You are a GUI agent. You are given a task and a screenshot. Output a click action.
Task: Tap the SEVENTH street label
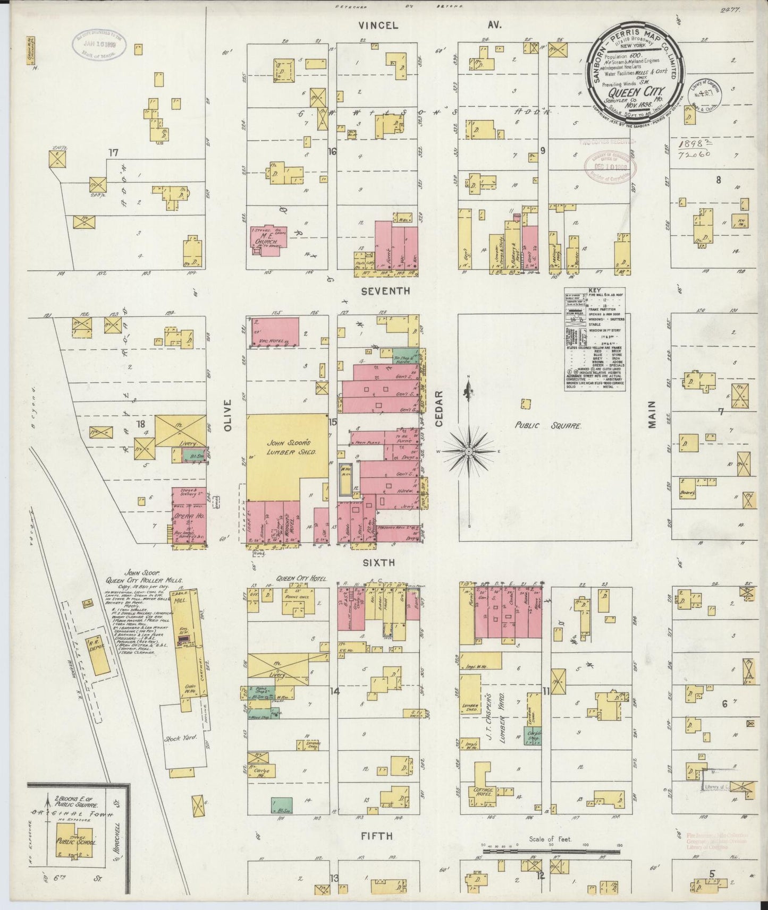(x=385, y=291)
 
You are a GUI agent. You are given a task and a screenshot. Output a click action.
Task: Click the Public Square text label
(x=549, y=426)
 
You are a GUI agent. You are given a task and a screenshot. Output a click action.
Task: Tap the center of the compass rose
(x=469, y=451)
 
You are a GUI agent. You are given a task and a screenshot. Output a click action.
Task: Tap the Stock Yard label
(x=182, y=738)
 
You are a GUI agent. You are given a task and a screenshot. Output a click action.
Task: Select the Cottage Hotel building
(x=482, y=791)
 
